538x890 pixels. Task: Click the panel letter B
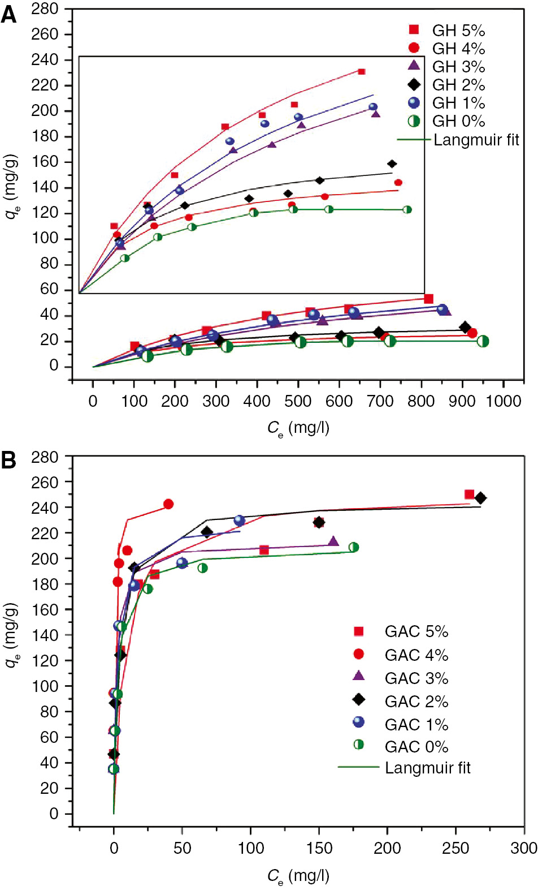(9, 460)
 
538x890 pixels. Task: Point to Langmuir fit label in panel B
(427, 768)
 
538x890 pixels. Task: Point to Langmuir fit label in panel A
(476, 140)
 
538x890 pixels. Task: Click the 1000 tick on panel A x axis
(504, 401)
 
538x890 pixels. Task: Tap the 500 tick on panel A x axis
(298, 401)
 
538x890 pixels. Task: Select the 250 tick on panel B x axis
(455, 848)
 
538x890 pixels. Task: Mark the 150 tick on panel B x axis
(319, 848)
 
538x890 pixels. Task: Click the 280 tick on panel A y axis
(45, 8)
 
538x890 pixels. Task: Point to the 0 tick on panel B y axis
(54, 814)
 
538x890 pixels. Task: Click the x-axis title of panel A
(298, 428)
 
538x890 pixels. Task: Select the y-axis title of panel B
(12, 635)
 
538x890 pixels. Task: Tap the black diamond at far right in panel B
(480, 498)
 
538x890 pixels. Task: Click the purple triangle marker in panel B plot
(333, 541)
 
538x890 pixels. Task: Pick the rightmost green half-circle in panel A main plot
(483, 341)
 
